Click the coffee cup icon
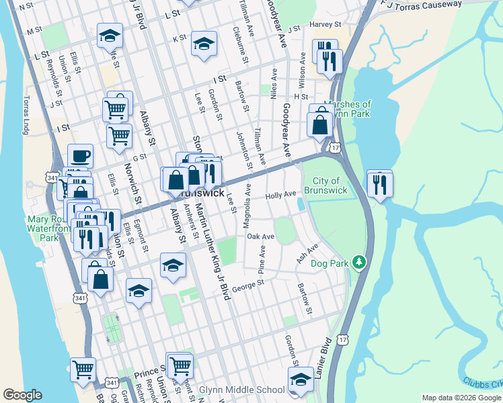point(80,156)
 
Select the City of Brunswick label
point(325,185)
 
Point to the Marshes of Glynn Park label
point(347,109)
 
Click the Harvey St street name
point(321,25)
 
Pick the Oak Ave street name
point(260,236)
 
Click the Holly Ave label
point(280,195)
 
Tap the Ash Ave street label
point(307,255)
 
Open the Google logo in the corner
point(22,394)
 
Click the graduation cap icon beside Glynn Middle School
point(301,379)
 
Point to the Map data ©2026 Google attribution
point(461,398)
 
